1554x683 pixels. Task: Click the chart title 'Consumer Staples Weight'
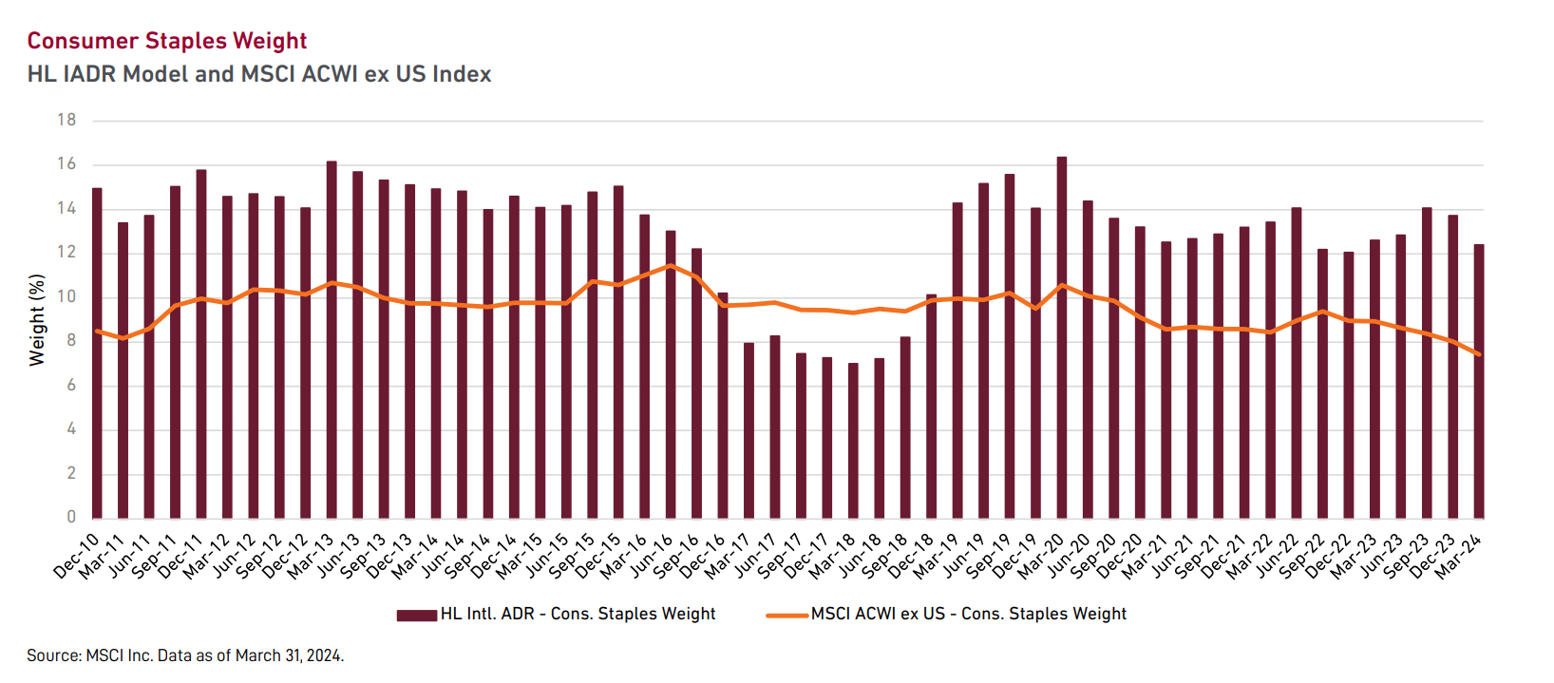(167, 41)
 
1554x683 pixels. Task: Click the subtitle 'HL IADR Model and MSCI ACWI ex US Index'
(259, 74)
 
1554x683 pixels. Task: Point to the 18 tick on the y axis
(66, 120)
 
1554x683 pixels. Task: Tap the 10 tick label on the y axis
(66, 296)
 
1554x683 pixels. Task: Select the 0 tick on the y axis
(71, 517)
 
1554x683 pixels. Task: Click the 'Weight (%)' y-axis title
(37, 319)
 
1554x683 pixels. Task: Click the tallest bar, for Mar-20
(1062, 337)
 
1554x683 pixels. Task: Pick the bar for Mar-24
(1479, 381)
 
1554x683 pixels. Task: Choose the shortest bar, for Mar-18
(853, 441)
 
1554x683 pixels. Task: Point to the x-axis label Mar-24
(1459, 556)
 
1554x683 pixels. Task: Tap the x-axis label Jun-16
(652, 556)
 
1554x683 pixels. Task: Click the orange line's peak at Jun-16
(671, 265)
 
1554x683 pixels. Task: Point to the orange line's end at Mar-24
(1479, 354)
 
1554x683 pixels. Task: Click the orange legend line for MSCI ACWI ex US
(787, 615)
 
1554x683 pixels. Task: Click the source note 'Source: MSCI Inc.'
(185, 655)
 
